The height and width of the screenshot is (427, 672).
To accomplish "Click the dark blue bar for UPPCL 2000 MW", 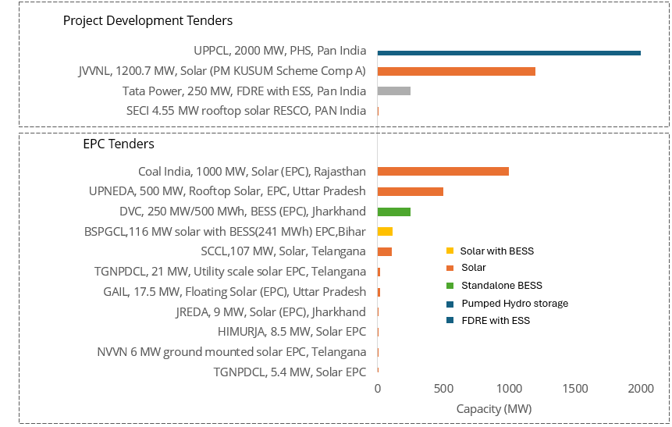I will tap(509, 52).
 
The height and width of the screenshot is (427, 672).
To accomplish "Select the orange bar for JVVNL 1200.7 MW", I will tap(456, 71).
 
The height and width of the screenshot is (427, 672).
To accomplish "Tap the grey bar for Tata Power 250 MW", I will tap(393, 91).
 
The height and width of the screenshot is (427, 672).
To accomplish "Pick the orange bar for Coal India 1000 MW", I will tap(443, 172).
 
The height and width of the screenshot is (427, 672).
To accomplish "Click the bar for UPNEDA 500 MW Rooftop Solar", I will tap(410, 191).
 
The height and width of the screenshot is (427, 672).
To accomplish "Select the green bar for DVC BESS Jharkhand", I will tap(393, 212).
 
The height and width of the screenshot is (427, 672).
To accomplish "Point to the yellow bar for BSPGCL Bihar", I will tap(385, 231).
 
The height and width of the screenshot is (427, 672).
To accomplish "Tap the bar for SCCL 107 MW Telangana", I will tap(384, 251).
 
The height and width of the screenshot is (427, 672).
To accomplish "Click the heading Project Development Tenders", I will tap(148, 21).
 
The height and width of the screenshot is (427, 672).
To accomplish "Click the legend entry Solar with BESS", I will tap(496, 251).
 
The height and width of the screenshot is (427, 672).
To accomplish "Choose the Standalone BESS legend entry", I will tap(500, 286).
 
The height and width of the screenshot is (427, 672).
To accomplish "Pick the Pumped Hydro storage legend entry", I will tap(514, 303).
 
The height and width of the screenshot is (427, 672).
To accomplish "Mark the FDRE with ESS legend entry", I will tap(495, 320).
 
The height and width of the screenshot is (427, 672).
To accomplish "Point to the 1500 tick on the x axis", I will tap(574, 389).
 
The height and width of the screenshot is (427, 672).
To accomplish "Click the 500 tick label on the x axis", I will tap(443, 389).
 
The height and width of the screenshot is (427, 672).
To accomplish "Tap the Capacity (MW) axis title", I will tap(493, 409).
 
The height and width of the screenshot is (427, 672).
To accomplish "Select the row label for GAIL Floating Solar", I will tap(234, 291).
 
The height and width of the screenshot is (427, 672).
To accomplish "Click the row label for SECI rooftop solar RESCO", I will tap(246, 111).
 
